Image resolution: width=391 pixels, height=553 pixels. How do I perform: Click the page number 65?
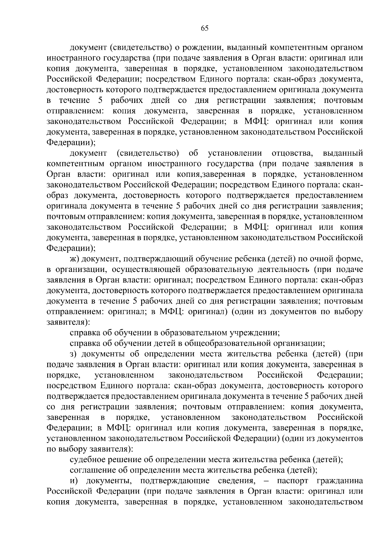tap(204, 28)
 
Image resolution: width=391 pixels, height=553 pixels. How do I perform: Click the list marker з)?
tap(74, 354)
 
